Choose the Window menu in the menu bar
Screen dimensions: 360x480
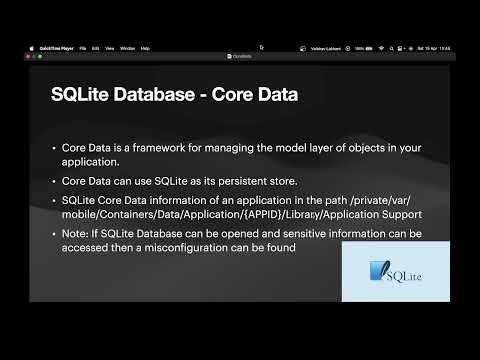(x=127, y=48)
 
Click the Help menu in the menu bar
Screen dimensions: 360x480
(x=145, y=48)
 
